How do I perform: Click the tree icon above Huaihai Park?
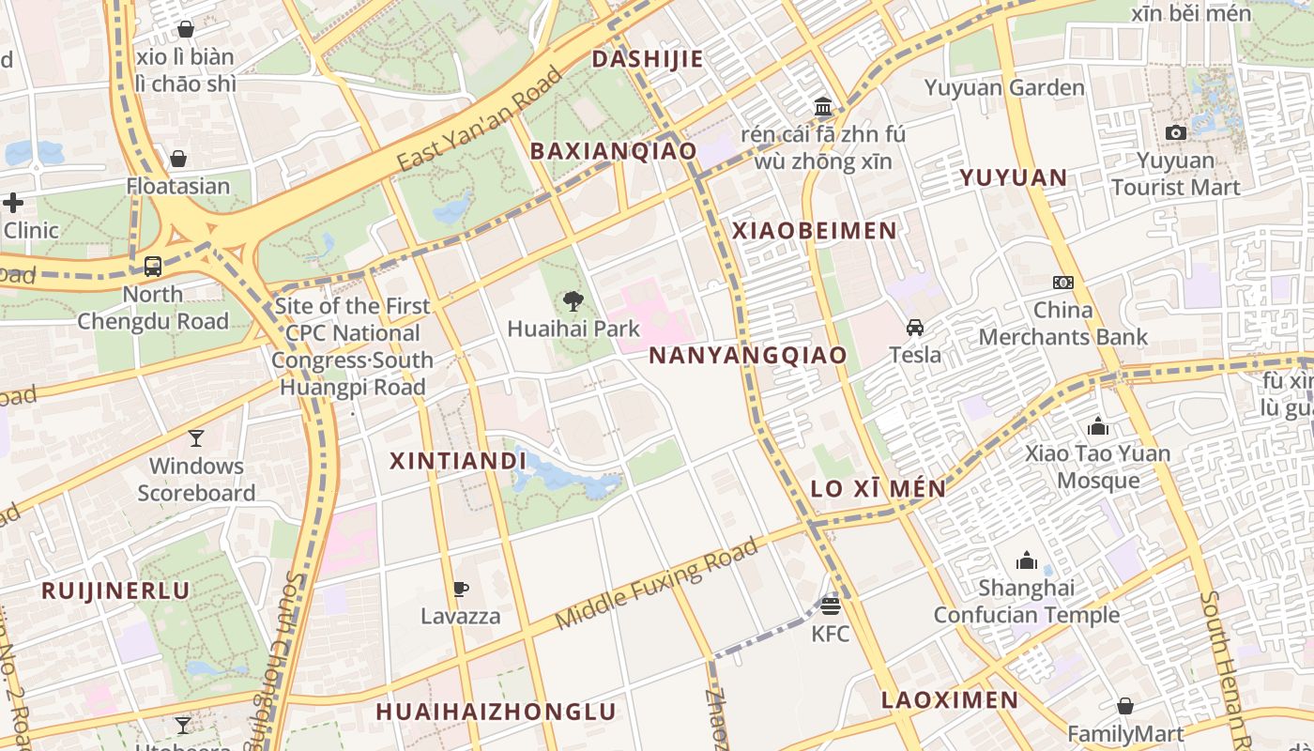(573, 301)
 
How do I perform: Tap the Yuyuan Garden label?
(1004, 88)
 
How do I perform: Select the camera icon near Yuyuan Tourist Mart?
(1175, 133)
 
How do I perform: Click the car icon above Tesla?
(914, 327)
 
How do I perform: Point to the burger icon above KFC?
(830, 605)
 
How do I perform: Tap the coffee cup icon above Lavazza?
(460, 589)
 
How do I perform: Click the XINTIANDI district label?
(458, 461)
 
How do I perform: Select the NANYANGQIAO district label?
(748, 355)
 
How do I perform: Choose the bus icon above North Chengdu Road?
(153, 267)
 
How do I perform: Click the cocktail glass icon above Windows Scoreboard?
(195, 437)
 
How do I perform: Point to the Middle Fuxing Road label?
(656, 584)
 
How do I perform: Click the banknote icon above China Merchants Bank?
(1062, 282)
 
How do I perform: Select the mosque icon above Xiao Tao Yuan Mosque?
(1097, 427)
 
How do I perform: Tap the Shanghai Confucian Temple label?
(1026, 602)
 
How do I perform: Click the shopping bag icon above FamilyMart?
(1124, 706)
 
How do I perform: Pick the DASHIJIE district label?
(648, 59)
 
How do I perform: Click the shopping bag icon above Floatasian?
(178, 159)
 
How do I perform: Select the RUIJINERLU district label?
(115, 590)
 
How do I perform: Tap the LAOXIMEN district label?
(950, 699)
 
